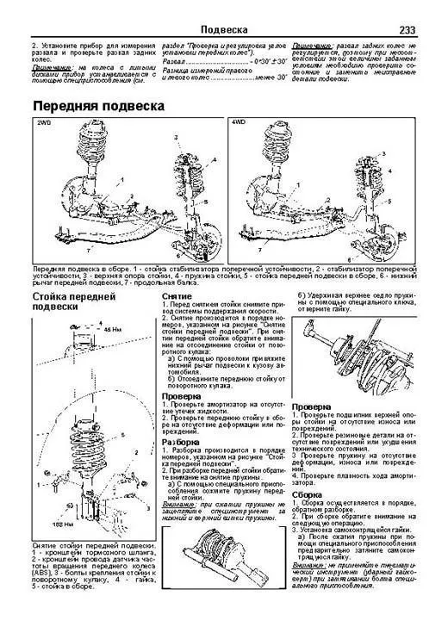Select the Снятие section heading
pyautogui.click(x=182, y=295)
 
